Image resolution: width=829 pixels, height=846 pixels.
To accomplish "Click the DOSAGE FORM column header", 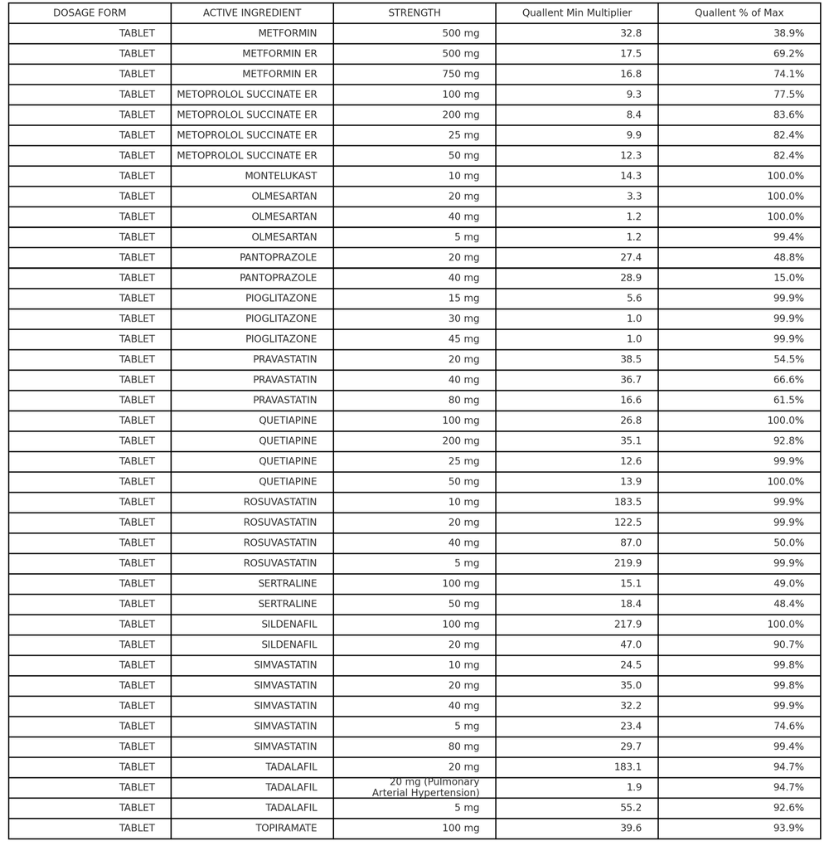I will coord(90,13).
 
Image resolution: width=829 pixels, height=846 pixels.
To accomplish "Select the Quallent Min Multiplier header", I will coord(576,13).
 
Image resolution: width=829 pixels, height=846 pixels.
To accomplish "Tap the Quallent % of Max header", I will coord(739,13).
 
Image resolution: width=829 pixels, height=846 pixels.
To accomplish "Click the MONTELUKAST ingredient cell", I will coord(280,176).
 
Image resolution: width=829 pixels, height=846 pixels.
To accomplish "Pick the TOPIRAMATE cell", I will coord(286,828).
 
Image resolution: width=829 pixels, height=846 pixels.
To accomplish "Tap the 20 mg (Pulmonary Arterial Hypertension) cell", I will coord(425,787).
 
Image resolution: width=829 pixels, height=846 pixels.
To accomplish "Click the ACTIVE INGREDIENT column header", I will coord(251,13).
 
